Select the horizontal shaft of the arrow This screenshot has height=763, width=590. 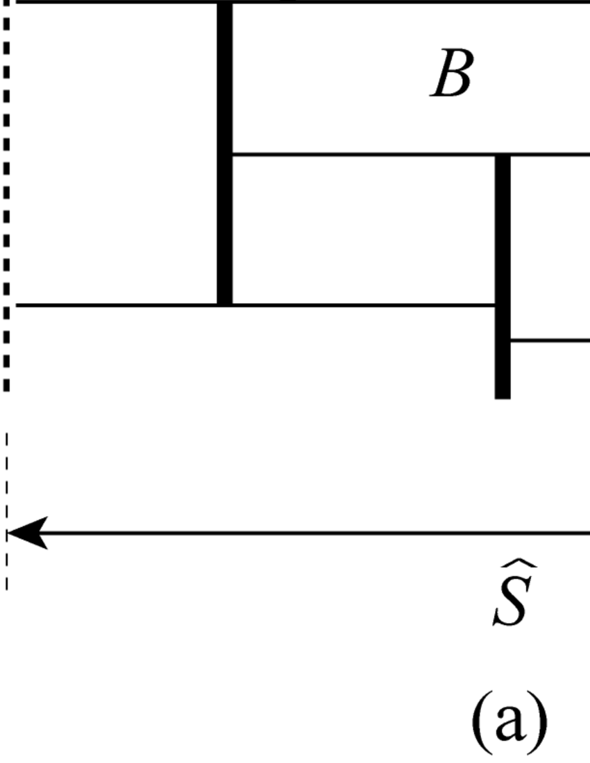pos(312,533)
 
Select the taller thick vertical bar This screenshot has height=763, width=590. pos(225,153)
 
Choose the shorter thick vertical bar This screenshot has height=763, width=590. pos(503,277)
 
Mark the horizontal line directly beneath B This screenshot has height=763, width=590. pos(410,154)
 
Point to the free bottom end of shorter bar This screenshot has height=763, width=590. pos(503,395)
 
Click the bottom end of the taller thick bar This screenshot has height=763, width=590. pos(225,302)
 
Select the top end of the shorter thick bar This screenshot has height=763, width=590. pos(503,158)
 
